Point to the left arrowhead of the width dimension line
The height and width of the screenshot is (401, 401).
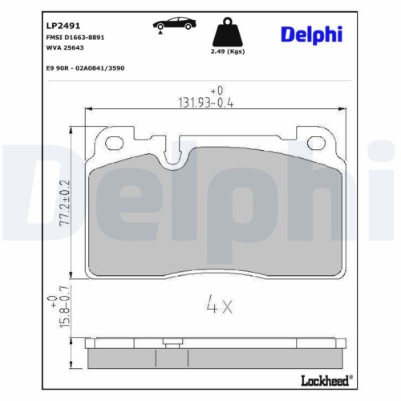click(x=87, y=110)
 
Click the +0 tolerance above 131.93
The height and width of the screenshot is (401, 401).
click(x=215, y=90)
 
